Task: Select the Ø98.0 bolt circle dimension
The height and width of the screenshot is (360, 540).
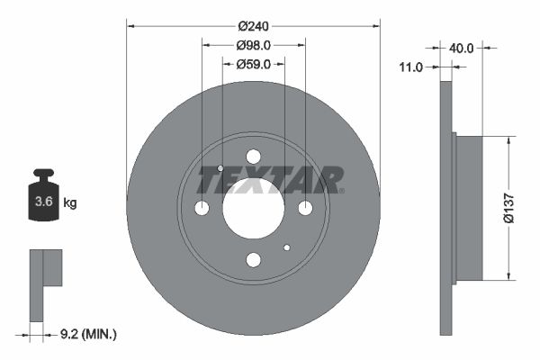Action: point(253,45)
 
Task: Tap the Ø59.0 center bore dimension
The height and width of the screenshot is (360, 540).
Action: point(253,64)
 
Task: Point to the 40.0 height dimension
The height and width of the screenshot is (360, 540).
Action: point(462,48)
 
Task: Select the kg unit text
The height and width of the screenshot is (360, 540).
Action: point(70,203)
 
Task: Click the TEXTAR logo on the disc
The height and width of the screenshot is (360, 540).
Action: point(270,180)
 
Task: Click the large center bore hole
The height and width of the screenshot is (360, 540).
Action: point(253,208)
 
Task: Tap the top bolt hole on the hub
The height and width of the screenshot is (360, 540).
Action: point(253,157)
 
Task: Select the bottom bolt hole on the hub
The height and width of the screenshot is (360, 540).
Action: point(253,260)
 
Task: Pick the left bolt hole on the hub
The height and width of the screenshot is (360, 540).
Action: point(202,208)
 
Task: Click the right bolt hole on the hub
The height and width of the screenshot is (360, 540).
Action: point(305,208)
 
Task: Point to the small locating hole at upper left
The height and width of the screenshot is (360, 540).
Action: point(220,168)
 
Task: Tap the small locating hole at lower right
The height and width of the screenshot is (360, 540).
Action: point(286,247)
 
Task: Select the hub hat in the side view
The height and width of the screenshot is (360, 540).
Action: point(469,207)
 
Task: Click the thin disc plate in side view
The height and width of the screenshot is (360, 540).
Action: point(445,207)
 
